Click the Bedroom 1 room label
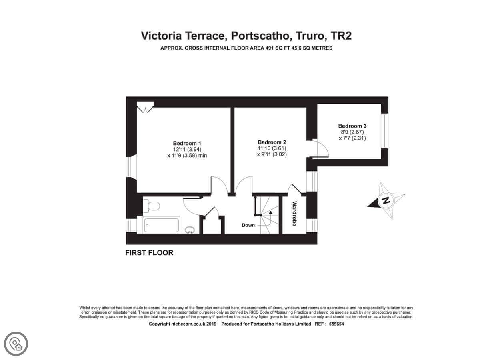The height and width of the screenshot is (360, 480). pos(187,143)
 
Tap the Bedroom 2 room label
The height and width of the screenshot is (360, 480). pos(272,142)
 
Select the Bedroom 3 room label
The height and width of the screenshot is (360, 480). pos(352,126)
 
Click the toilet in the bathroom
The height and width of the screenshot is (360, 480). pos(152,206)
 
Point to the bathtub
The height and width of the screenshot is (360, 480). pos(161,225)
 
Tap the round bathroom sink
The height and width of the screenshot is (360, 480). pos(190,230)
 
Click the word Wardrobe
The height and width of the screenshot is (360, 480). pos(294,214)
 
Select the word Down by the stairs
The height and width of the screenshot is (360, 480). pos(248,225)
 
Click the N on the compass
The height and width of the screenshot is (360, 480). pos(386,200)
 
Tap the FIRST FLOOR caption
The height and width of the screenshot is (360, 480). pos(149,253)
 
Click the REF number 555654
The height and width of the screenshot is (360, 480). pos(336,324)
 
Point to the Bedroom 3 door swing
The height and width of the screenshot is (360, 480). pos(322,148)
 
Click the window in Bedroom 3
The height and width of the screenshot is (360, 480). pos(384,131)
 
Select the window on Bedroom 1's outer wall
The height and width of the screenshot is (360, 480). pos(132,167)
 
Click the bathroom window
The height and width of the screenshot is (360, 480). pos(132,225)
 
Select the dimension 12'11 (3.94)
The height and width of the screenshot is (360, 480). pos(187,150)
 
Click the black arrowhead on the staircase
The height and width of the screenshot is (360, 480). pos(271,212)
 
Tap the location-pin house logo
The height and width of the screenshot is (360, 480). pos(16,344)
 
